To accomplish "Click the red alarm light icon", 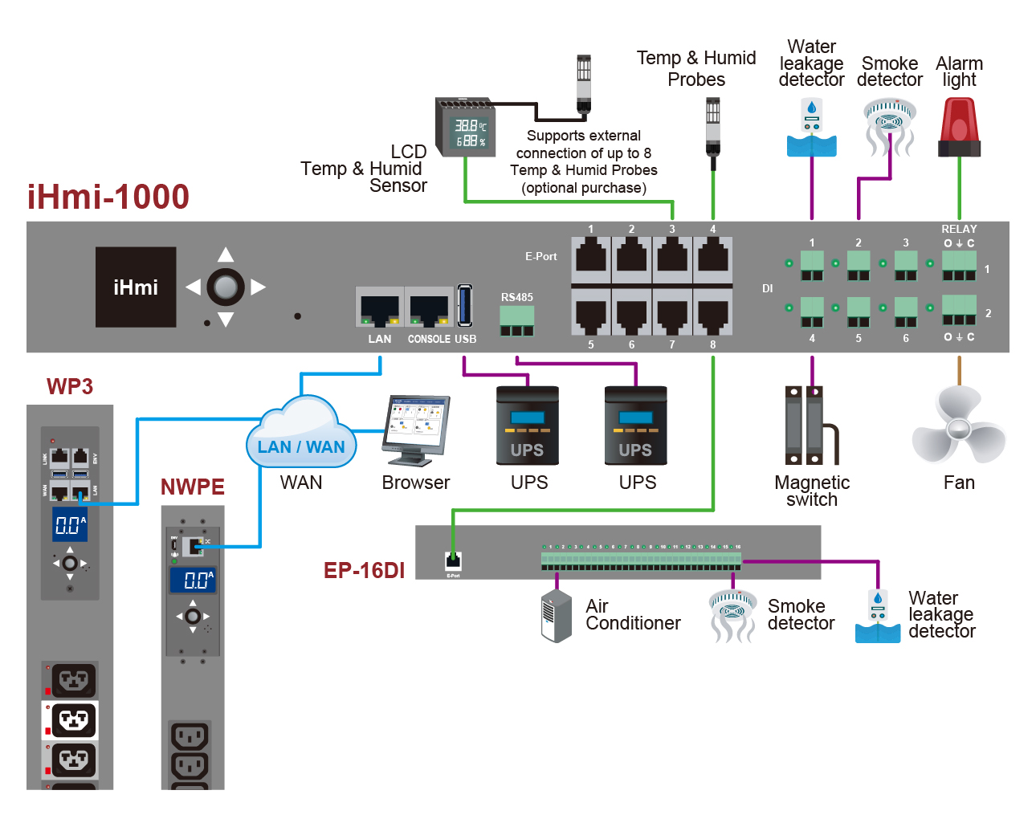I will point(959,127).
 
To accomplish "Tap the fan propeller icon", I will point(959,426).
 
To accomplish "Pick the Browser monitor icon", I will point(417,430).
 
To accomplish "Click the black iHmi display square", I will point(136,287).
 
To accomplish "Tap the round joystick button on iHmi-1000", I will point(226,287).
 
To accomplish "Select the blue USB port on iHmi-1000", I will point(465,306).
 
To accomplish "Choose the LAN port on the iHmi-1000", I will point(380,308).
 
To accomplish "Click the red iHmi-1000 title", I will point(108,197).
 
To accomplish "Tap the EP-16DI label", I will point(364,570).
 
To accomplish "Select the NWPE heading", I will point(193,487).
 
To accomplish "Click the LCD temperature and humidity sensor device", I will point(464,128).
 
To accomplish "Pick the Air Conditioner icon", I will point(556,617).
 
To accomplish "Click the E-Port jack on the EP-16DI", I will point(453,560).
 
